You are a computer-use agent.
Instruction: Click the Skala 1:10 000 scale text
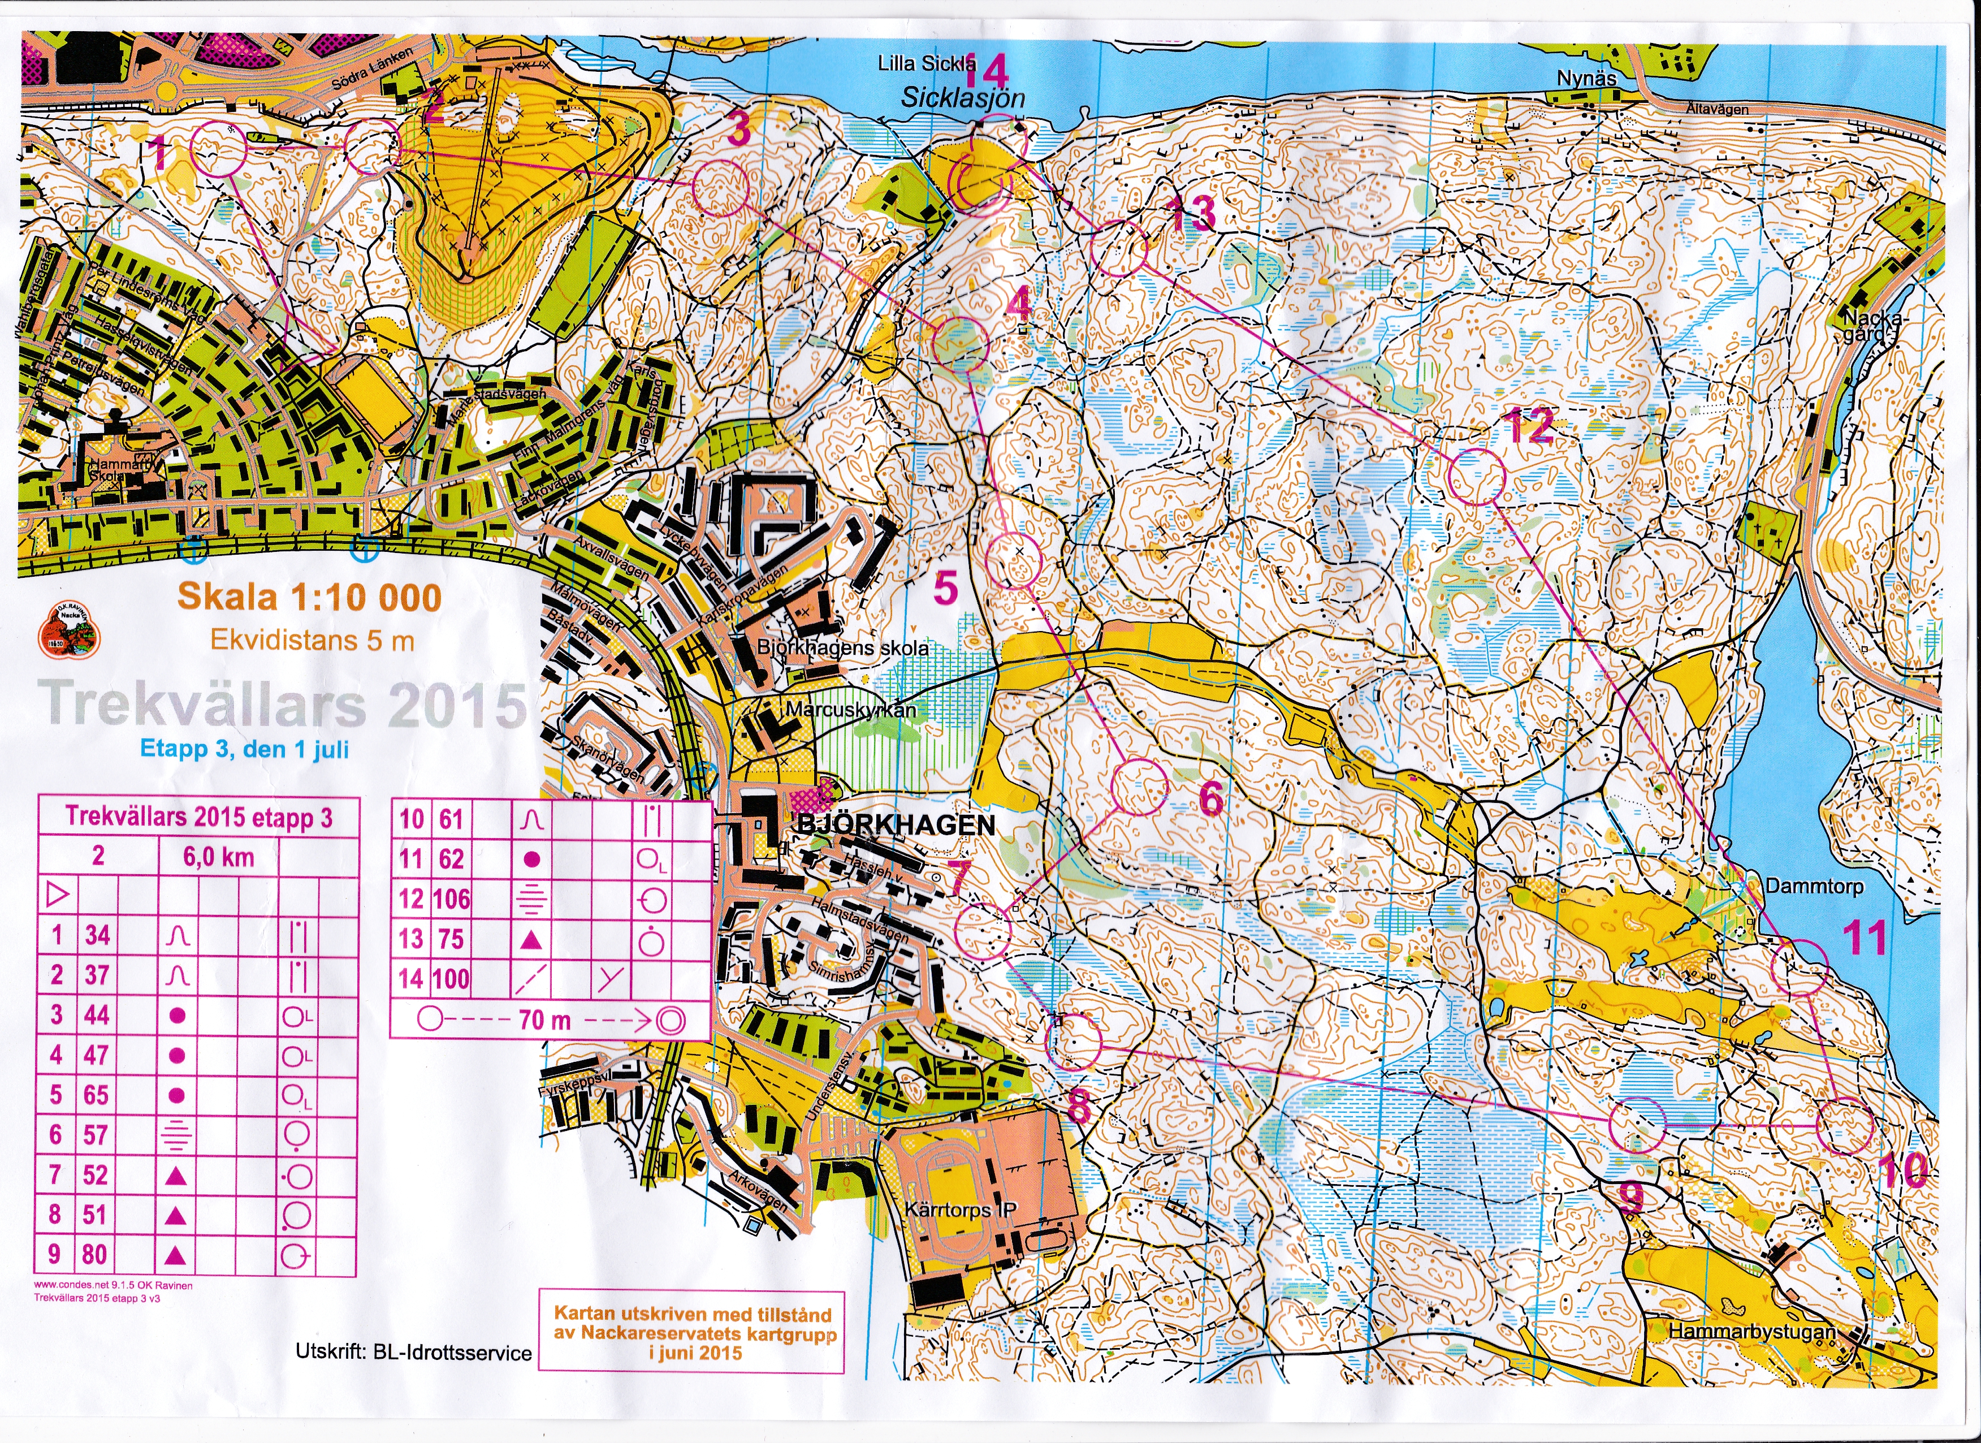310,598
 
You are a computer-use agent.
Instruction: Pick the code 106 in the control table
451,899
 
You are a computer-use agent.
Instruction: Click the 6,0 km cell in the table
218,857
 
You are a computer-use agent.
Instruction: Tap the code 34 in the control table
97,935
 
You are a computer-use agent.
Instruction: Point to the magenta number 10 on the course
1904,1170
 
